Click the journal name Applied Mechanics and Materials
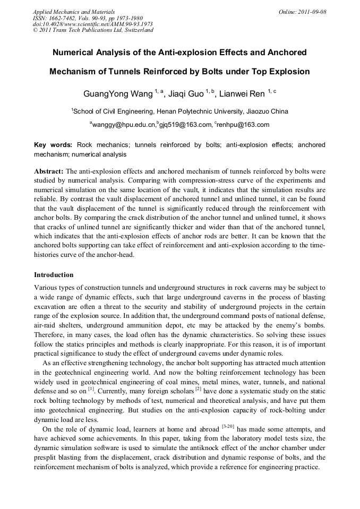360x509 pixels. coord(74,12)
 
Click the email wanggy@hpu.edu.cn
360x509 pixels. coord(123,125)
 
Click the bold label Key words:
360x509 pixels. coord(53,145)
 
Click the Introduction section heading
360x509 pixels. coord(54,275)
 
